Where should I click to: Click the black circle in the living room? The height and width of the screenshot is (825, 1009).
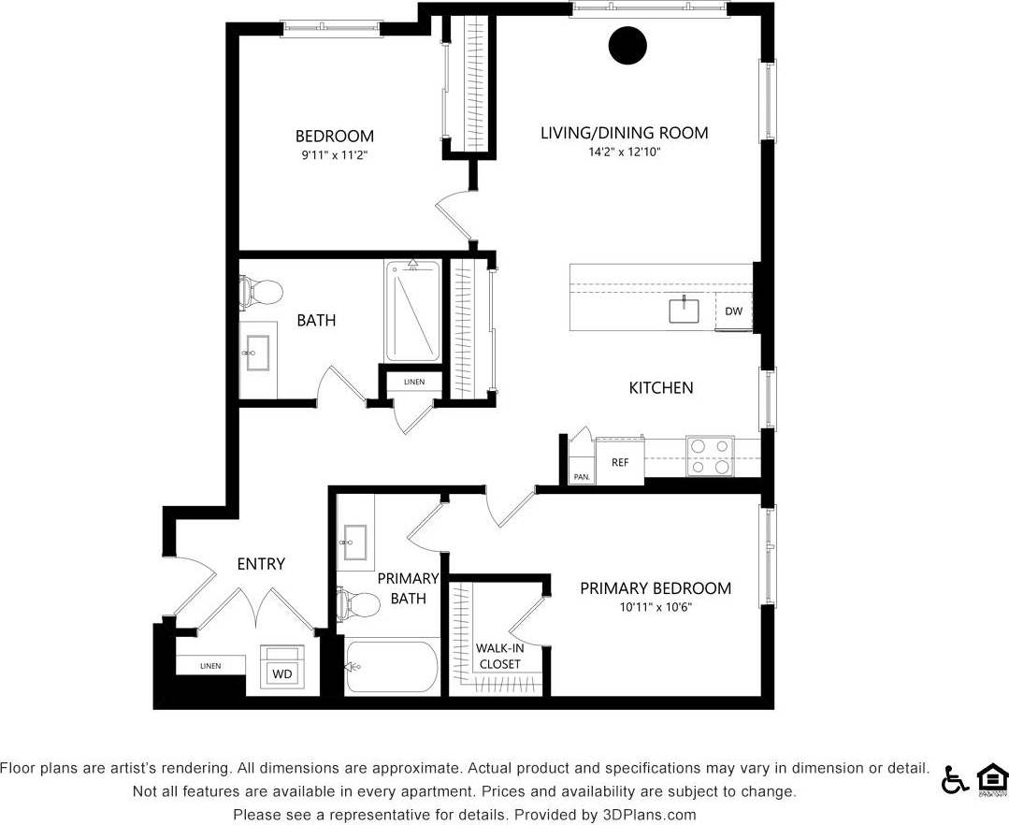point(627,46)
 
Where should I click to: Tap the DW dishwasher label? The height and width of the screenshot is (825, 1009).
point(733,311)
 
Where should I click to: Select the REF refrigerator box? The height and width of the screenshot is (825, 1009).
point(620,462)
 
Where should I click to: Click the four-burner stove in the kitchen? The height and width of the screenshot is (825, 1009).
point(710,456)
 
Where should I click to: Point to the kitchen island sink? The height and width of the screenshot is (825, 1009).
point(684,310)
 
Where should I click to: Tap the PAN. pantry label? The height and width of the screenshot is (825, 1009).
point(582,477)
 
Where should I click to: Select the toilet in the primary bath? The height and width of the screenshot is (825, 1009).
point(358,605)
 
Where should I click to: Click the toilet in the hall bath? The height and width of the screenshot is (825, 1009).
point(261,292)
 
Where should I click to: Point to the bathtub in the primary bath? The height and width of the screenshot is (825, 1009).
point(393,666)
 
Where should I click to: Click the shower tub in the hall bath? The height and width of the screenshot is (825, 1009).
point(412,311)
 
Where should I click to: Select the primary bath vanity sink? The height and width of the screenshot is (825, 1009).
point(354,541)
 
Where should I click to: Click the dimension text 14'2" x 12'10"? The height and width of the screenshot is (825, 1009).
point(624,152)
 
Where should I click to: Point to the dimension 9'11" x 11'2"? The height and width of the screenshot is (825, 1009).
point(334,156)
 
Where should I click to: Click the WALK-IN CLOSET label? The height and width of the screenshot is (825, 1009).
point(498,656)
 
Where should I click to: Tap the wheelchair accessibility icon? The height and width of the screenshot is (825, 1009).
point(954,778)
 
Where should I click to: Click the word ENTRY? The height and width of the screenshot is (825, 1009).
point(261,564)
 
